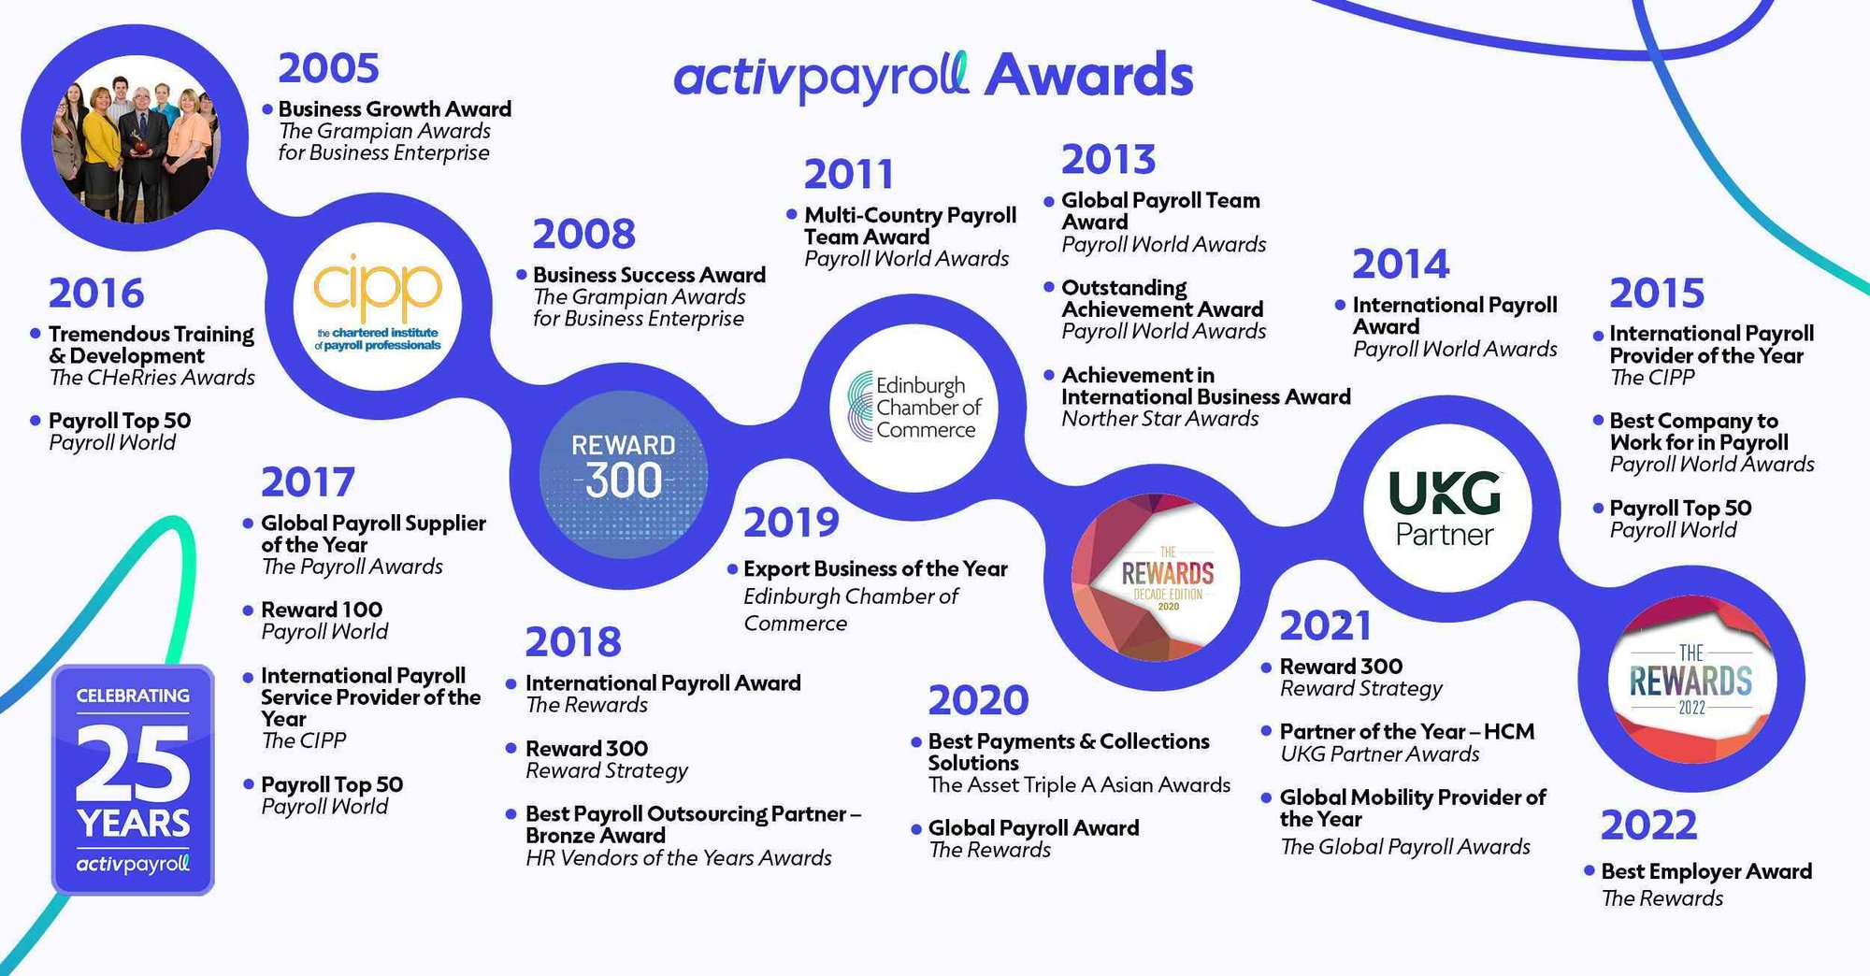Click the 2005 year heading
[328, 68]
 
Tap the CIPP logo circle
[378, 306]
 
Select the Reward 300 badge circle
[623, 465]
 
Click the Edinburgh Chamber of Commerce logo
[913, 407]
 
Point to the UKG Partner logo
[1446, 508]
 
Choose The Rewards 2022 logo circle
[1690, 679]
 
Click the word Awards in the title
[1088, 75]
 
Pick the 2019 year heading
[791, 523]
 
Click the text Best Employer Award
[1706, 871]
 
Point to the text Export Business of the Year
[875, 568]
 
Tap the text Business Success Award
[649, 275]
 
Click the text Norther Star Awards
[1159, 419]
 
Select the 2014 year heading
[1400, 265]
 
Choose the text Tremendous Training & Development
[151, 344]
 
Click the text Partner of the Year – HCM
[1406, 731]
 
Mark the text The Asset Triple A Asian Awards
[1079, 785]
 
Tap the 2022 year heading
[1647, 825]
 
